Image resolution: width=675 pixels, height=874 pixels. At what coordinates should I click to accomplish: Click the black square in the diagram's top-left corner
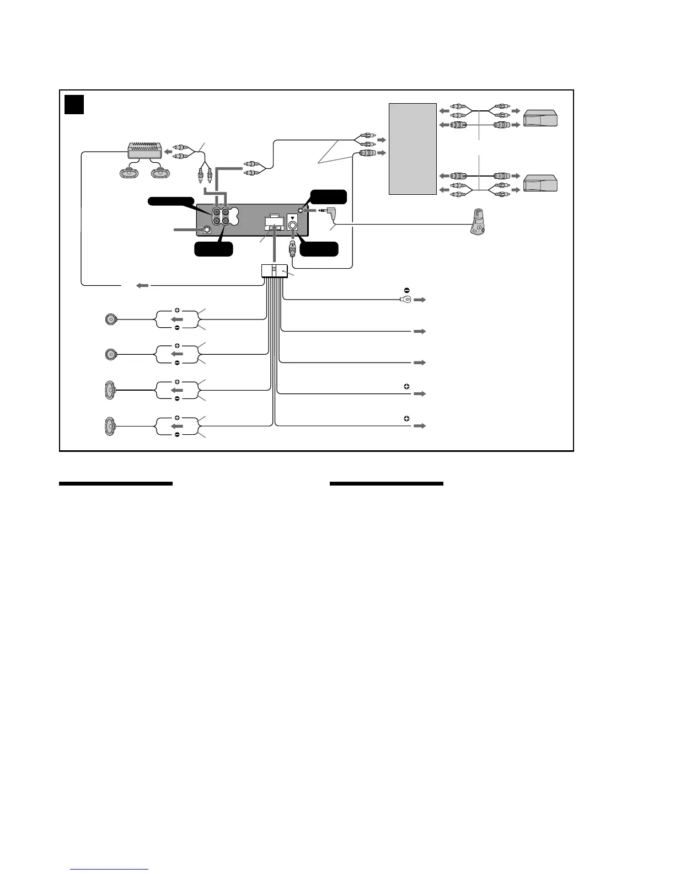pyautogui.click(x=74, y=104)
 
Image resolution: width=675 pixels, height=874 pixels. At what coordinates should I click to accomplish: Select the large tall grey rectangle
pyautogui.click(x=413, y=148)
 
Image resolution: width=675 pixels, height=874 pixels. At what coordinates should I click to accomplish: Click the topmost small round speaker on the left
pyautogui.click(x=111, y=319)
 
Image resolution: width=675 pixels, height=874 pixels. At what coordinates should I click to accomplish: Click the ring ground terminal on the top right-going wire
pyautogui.click(x=403, y=300)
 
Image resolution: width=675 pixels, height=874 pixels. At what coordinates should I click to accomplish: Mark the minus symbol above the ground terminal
pyautogui.click(x=406, y=290)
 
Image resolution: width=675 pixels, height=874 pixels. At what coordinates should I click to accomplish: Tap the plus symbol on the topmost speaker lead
pyautogui.click(x=177, y=310)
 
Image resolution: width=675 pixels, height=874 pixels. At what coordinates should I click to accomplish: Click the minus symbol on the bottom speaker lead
pyautogui.click(x=177, y=435)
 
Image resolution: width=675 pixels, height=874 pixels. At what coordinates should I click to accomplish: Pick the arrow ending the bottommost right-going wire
pyautogui.click(x=420, y=426)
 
